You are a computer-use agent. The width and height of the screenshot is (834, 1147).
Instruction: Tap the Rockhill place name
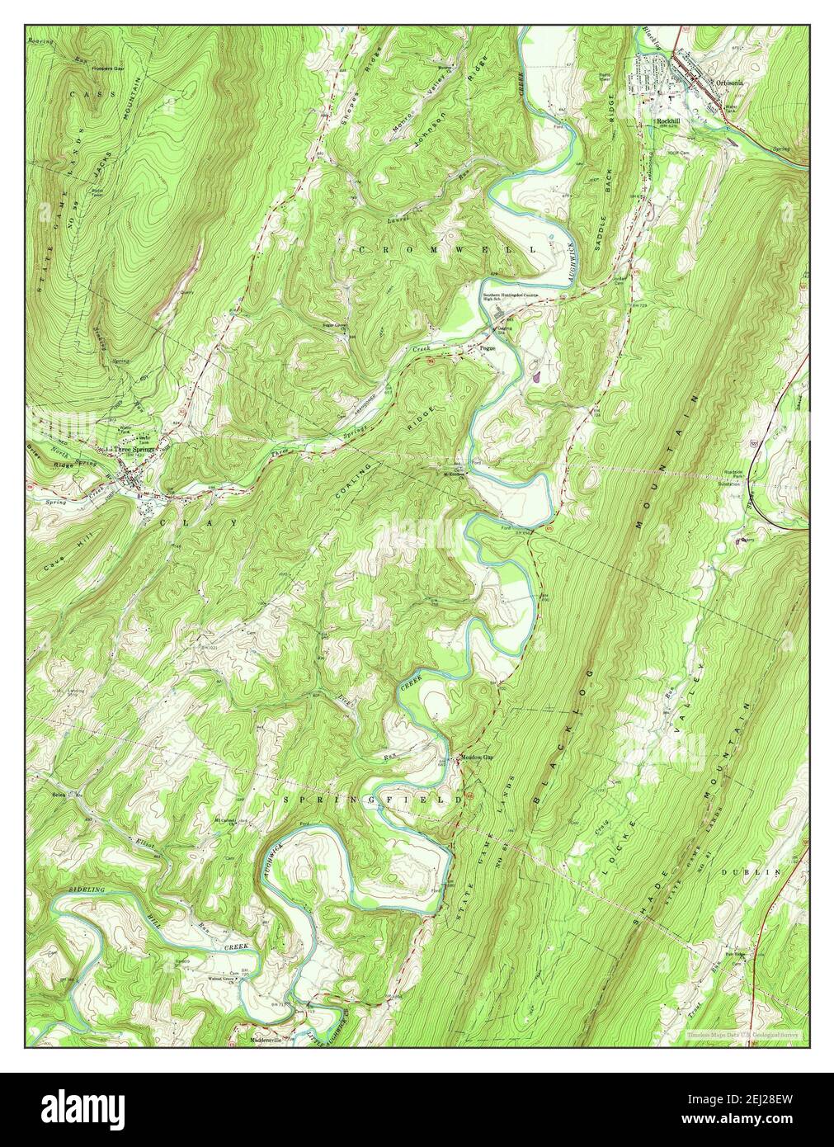pyautogui.click(x=668, y=121)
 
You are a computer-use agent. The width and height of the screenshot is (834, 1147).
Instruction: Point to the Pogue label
pyautogui.click(x=488, y=348)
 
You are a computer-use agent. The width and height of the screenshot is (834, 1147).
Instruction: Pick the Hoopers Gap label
pyautogui.click(x=91, y=68)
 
